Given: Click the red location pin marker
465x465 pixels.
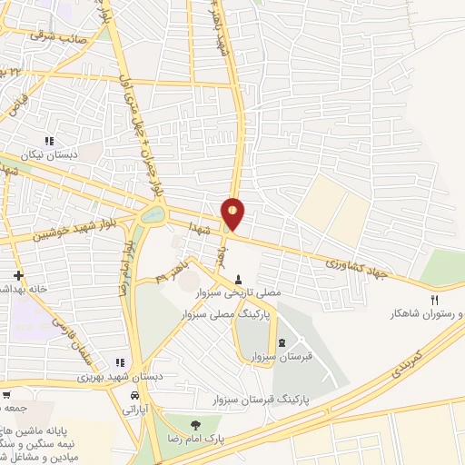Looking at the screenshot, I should [233, 213].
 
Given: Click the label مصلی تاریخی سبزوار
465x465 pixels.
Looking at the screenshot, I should [240, 292].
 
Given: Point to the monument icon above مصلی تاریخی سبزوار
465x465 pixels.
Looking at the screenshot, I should [239, 279].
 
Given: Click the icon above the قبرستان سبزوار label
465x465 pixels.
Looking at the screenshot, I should [281, 343].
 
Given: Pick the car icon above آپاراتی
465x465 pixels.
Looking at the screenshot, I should [134, 396].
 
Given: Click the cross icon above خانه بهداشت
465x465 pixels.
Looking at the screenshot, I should [18, 274].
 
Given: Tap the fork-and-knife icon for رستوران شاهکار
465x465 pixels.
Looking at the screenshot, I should [436, 300].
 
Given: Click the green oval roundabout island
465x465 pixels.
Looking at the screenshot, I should [152, 216].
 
